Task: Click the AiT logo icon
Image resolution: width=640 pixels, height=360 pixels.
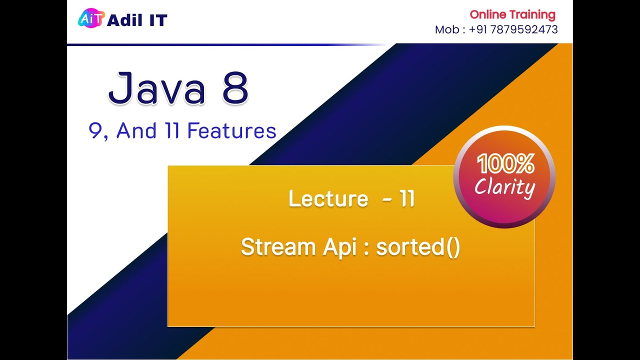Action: [91, 19]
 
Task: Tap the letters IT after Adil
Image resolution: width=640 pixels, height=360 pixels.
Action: [157, 20]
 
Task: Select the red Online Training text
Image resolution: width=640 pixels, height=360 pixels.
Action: [512, 14]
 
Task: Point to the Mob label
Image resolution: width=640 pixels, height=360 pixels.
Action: [446, 29]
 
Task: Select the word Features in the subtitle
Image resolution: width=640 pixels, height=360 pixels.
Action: [231, 131]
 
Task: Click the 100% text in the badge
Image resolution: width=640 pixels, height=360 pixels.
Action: [505, 164]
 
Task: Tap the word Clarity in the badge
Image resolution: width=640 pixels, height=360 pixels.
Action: [504, 187]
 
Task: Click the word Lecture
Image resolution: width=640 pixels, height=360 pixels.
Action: [328, 198]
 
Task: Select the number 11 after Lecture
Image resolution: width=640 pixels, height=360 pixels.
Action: [407, 198]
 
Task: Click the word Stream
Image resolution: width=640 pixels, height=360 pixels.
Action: [278, 247]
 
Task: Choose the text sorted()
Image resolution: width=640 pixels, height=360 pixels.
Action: [418, 247]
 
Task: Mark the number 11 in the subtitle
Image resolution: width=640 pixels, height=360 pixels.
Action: [172, 131]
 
